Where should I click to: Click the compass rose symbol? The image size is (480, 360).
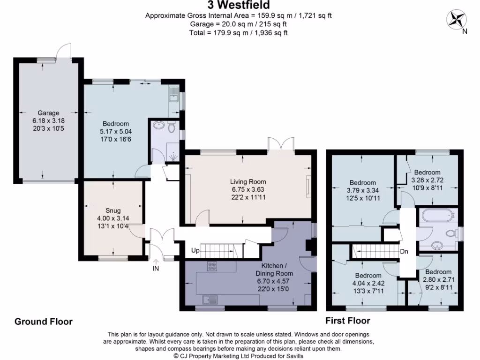pyautogui.click(x=456, y=20)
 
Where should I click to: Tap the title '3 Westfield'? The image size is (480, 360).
pyautogui.click(x=240, y=5)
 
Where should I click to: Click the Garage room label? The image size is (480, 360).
pyautogui.click(x=49, y=113)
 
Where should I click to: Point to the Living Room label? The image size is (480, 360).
pyautogui.click(x=248, y=182)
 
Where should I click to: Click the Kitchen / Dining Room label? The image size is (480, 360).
pyautogui.click(x=274, y=270)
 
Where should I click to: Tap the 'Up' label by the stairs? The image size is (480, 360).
pyautogui.click(x=195, y=251)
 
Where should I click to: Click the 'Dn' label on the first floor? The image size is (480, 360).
pyautogui.click(x=404, y=252)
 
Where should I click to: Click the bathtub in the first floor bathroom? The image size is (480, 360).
pyautogui.click(x=437, y=216)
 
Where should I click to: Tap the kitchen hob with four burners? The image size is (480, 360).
pyautogui.click(x=212, y=266)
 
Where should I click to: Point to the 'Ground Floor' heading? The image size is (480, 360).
pyautogui.click(x=44, y=322)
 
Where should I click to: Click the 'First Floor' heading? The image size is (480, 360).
pyautogui.click(x=348, y=321)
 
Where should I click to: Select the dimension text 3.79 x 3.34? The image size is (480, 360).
pyautogui.click(x=362, y=190)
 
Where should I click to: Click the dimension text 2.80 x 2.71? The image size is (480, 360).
pyautogui.click(x=438, y=279)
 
